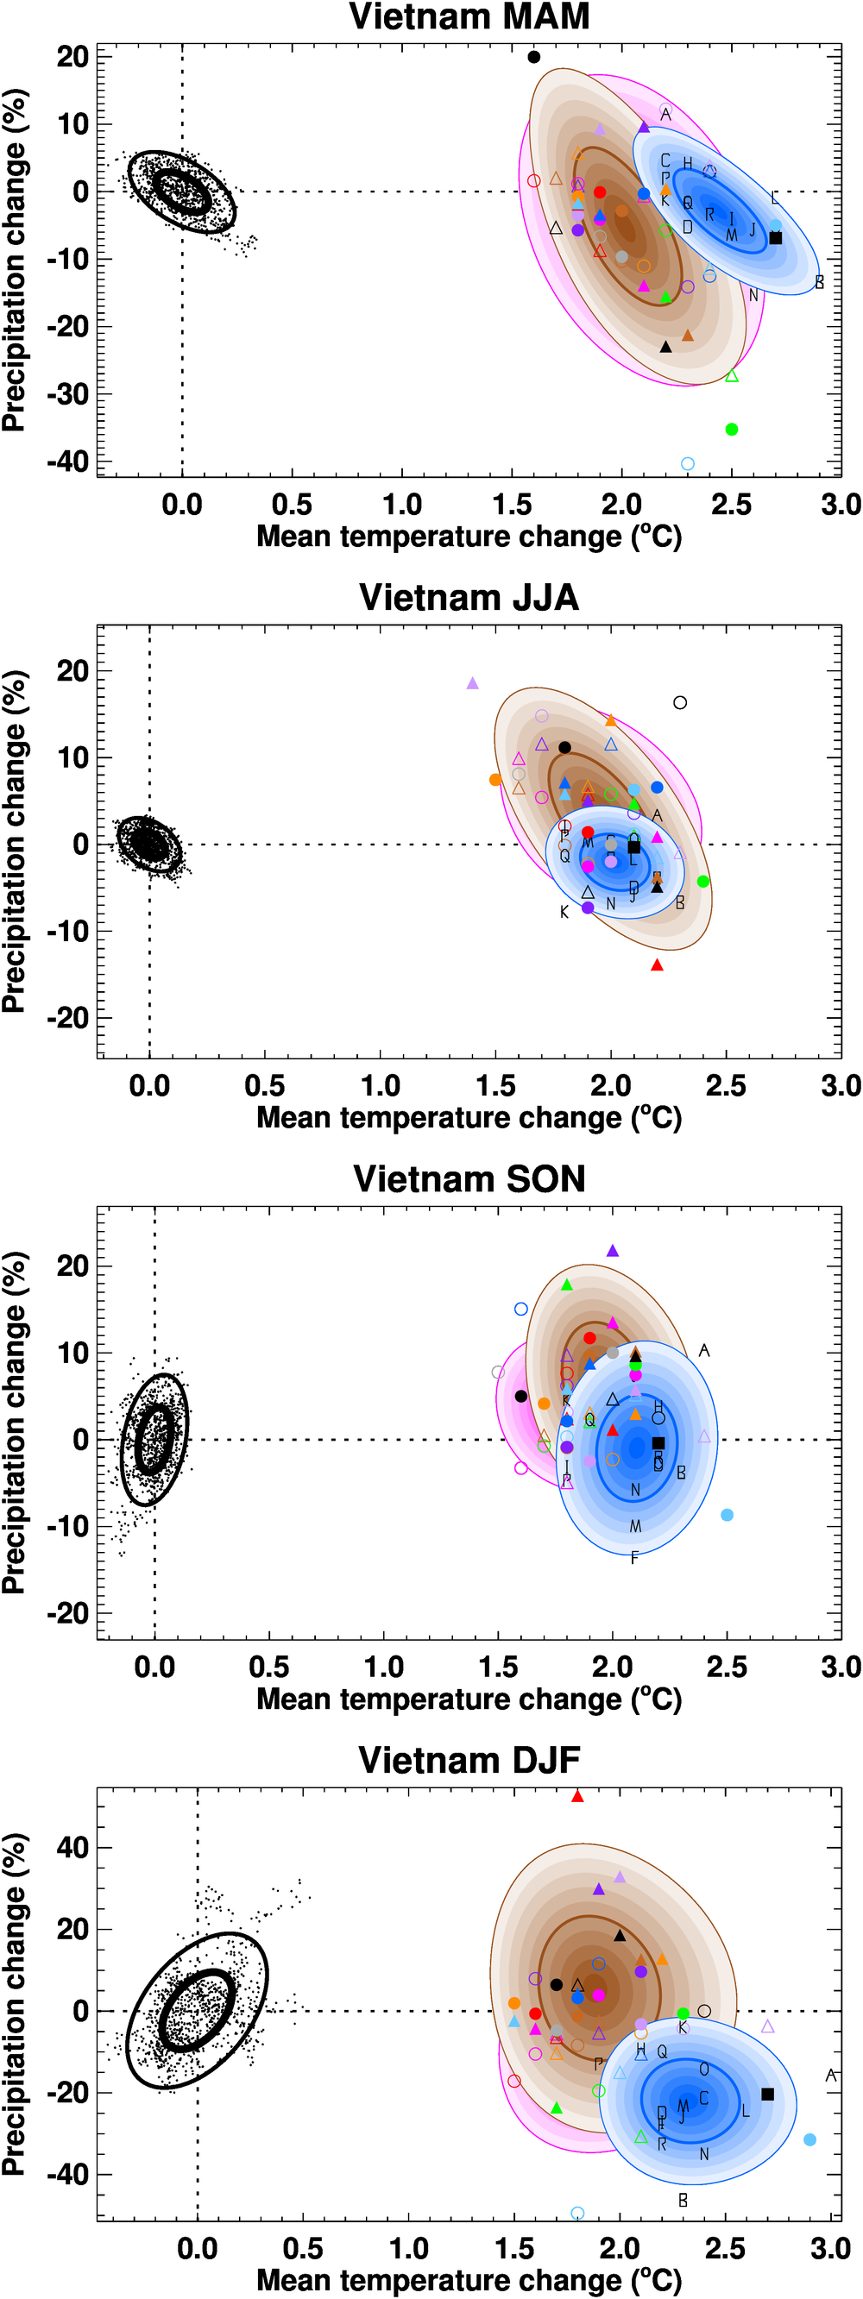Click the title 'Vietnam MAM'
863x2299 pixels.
point(469,17)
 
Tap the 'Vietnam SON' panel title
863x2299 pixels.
point(469,1179)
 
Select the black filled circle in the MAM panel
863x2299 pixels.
point(533,57)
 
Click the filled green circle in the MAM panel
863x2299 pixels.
point(732,430)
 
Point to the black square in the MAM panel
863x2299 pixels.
point(776,238)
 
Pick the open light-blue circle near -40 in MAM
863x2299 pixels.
point(687,463)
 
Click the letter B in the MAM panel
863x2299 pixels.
point(819,283)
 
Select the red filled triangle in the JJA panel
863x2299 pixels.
point(658,964)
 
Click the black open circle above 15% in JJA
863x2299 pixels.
point(680,702)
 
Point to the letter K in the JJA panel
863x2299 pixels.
point(564,912)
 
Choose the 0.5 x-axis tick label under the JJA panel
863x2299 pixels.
point(265,1086)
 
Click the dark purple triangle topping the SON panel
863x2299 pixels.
point(612,1251)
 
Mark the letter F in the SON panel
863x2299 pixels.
point(634,1558)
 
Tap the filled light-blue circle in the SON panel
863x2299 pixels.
point(727,1515)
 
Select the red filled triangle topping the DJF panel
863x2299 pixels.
point(577,1797)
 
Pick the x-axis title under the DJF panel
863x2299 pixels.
point(469,2280)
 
